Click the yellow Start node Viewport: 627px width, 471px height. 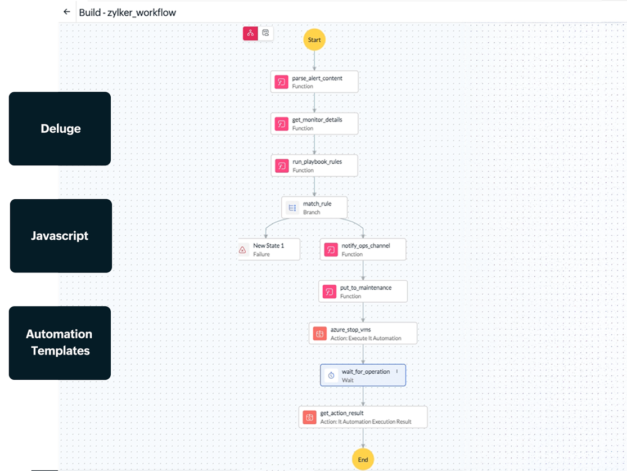click(314, 40)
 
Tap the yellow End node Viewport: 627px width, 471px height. click(363, 459)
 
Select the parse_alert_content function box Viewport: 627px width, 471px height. click(314, 82)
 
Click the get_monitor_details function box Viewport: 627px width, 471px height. click(314, 124)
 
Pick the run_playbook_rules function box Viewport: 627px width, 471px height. click(314, 165)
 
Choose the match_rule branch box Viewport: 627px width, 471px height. click(314, 208)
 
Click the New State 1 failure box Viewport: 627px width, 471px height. click(269, 250)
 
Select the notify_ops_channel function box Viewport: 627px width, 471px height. click(363, 250)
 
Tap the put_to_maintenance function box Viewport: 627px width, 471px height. click(363, 291)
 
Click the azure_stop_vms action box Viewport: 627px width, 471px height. click(363, 334)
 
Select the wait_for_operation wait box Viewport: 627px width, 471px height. click(363, 375)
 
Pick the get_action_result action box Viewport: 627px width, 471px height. click(363, 417)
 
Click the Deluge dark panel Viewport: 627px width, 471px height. click(60, 129)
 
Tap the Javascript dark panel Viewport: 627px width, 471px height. click(60, 236)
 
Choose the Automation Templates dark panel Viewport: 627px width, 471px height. click(60, 343)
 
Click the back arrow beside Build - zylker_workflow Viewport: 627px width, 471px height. click(67, 12)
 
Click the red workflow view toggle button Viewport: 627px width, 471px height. click(250, 33)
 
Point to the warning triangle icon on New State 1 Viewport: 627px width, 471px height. click(243, 250)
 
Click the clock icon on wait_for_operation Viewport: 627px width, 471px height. click(331, 375)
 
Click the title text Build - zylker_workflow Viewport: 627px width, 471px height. click(128, 12)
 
